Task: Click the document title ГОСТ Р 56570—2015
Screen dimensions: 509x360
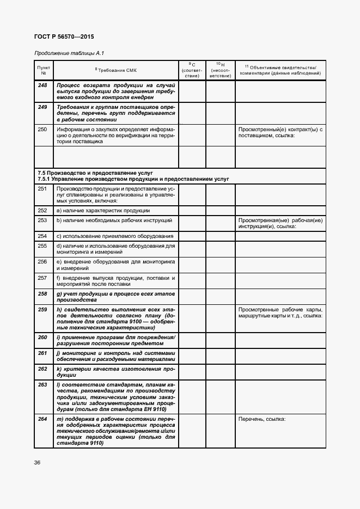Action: pos(64,36)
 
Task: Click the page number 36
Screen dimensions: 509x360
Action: pos(37,462)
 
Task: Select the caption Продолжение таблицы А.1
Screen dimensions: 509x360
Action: pos(69,53)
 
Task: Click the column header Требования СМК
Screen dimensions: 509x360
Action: pos(116,70)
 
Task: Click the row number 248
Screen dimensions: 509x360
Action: pos(42,85)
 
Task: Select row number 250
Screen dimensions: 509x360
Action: pos(42,129)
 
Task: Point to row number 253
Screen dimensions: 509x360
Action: pos(42,220)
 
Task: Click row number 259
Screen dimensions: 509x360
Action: pos(42,309)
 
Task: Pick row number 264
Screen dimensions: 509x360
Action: pos(42,419)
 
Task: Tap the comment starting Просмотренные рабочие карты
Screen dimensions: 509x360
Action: pos(280,312)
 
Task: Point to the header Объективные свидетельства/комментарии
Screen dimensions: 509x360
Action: pos(280,70)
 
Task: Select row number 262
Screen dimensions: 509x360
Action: pos(42,369)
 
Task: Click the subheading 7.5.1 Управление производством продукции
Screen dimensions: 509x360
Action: pos(133,179)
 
